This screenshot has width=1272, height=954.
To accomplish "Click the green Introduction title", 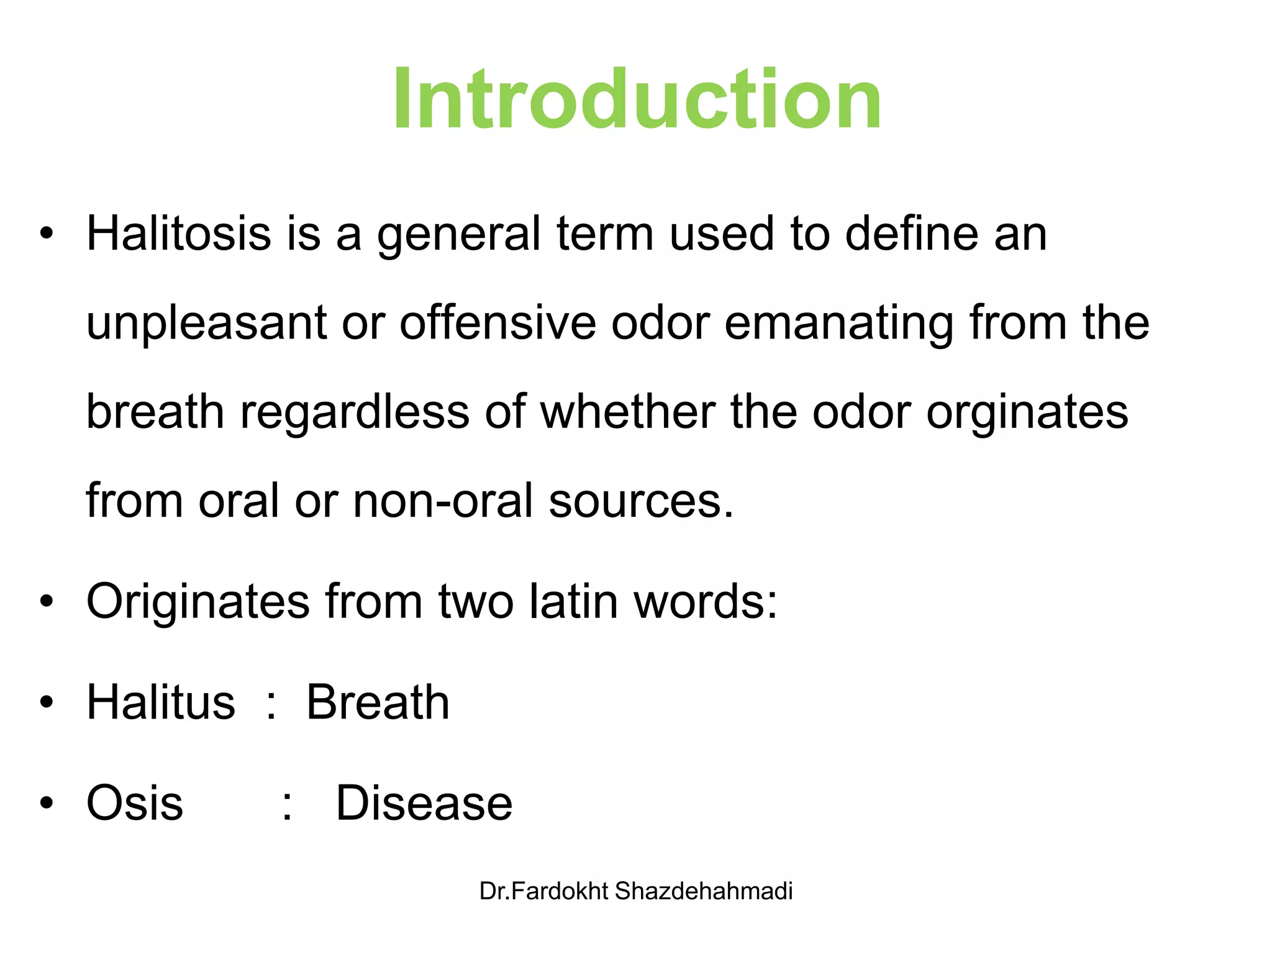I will click(637, 99).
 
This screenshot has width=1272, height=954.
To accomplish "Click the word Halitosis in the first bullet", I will click(179, 234).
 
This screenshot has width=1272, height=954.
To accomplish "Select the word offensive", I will click(497, 323).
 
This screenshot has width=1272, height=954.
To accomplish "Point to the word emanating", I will click(838, 323).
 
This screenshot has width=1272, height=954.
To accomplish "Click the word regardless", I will click(355, 412).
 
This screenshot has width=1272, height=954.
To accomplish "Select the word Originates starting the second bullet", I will click(198, 601).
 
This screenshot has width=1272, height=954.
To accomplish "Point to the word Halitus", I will click(161, 702).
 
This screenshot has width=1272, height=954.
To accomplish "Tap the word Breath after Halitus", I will click(378, 702).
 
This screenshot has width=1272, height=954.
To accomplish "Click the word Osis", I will click(135, 803).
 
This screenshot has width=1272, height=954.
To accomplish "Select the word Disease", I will click(424, 803).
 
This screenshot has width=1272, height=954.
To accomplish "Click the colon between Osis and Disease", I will click(286, 806).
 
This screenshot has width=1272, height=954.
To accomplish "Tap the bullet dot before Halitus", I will click(47, 702).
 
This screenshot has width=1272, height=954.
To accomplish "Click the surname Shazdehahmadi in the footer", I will click(703, 891).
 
